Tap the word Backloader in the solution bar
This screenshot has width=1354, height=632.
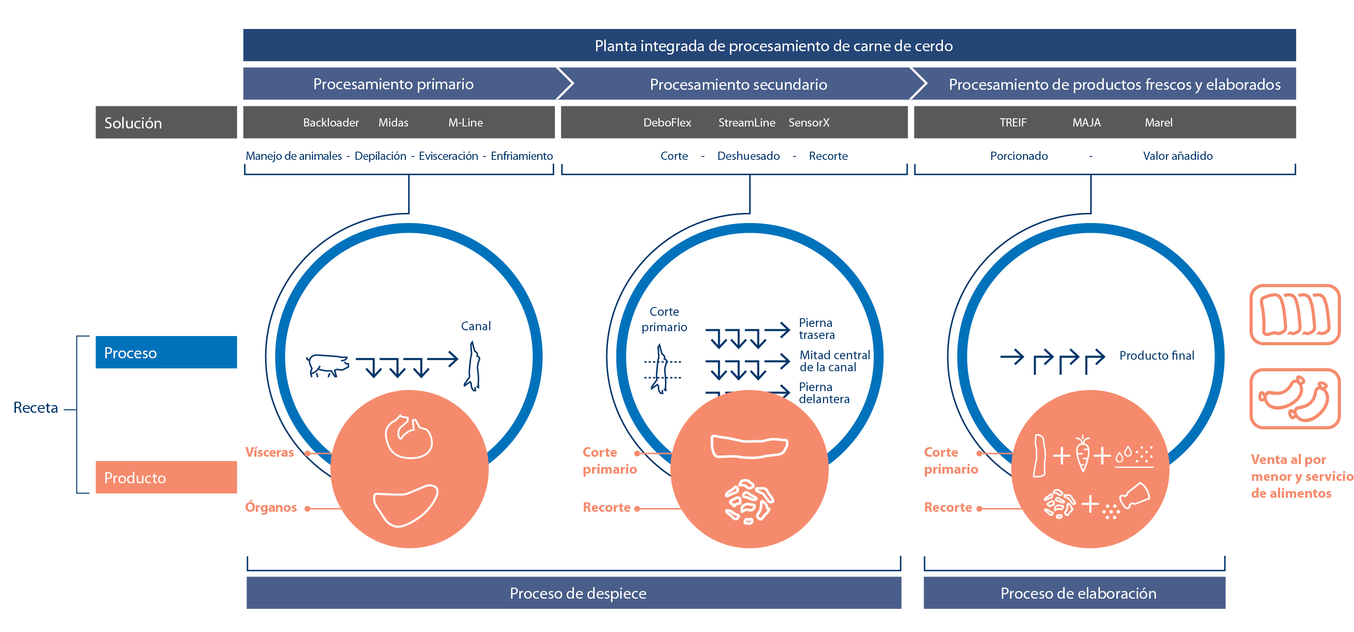pos(330,123)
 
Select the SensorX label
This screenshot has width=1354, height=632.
pos(809,123)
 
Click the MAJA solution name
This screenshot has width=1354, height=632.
pos(1086,123)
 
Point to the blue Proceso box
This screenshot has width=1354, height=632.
pos(166,352)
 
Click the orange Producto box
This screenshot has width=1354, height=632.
pos(166,478)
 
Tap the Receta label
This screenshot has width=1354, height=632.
pos(36,407)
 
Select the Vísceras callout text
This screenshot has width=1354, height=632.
pos(270,452)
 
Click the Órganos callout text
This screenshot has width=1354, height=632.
pos(271,507)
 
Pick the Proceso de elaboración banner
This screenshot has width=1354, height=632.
pos(1074,593)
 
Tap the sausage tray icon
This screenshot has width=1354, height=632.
pos(1295,399)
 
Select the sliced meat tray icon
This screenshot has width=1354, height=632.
pos(1295,315)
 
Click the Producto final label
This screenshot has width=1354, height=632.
pos(1156,356)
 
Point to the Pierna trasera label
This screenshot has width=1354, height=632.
pos(816,329)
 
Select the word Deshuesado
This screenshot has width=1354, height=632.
pos(748,156)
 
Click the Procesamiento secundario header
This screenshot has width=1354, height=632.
pos(738,84)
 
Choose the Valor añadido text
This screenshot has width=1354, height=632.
pos(1177,156)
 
